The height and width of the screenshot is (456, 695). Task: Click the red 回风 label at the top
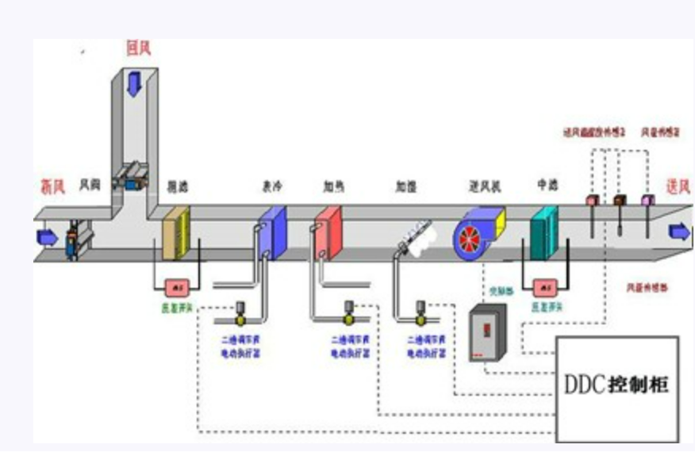click(x=138, y=49)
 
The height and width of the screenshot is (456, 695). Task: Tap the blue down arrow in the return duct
click(x=134, y=82)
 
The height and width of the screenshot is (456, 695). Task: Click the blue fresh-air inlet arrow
click(x=48, y=236)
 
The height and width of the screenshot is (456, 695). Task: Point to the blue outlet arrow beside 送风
click(x=679, y=231)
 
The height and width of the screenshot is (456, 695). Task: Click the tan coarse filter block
click(x=177, y=233)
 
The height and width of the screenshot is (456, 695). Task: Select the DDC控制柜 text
click(x=616, y=385)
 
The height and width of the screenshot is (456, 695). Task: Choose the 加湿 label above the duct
click(x=406, y=187)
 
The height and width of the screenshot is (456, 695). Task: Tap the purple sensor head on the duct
click(x=648, y=200)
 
